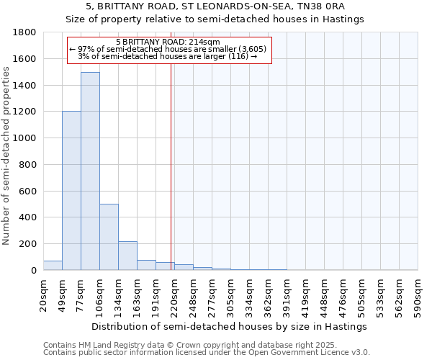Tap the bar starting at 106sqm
pos(109,237)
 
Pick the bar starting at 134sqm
pos(127,256)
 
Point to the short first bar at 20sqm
pos(53,266)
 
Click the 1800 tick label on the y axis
pos(25,32)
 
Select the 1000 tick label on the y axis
pos(25,138)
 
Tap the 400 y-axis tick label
pos(28,217)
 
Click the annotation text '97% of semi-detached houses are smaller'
pos(170,49)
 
